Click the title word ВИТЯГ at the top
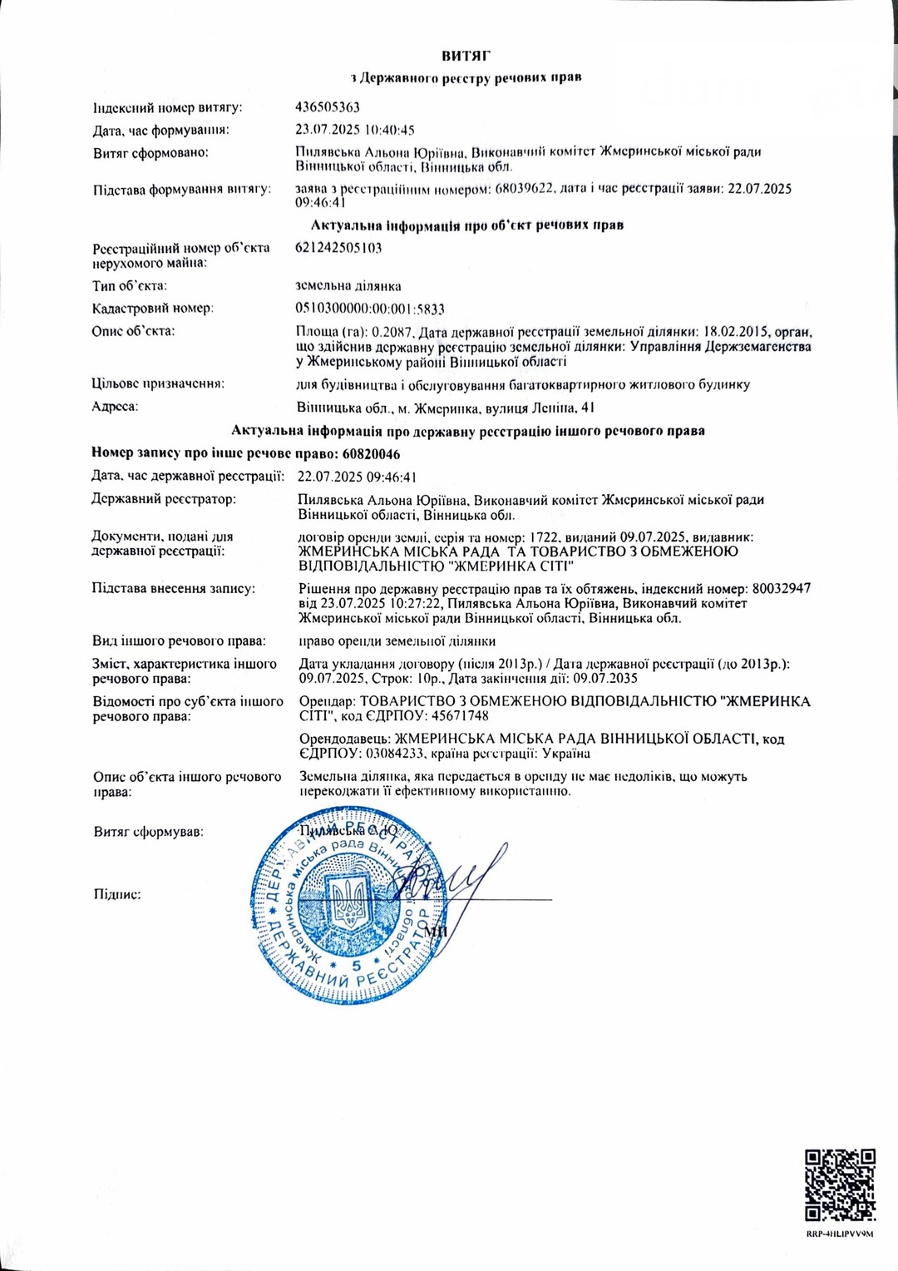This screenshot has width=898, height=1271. pyautogui.click(x=466, y=56)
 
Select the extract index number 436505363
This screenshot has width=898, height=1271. pyautogui.click(x=328, y=107)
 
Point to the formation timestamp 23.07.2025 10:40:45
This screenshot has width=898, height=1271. pyautogui.click(x=355, y=130)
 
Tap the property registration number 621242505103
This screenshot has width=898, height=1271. pyautogui.click(x=338, y=248)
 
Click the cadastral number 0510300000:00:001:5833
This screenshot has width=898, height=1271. pyautogui.click(x=370, y=309)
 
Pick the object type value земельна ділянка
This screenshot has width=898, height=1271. pyautogui.click(x=348, y=286)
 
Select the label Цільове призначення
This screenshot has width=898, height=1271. pyautogui.click(x=158, y=383)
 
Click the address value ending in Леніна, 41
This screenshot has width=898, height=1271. pyautogui.click(x=446, y=408)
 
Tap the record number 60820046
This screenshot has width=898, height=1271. pyautogui.click(x=371, y=454)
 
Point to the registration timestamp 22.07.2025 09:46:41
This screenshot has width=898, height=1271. pyautogui.click(x=357, y=477)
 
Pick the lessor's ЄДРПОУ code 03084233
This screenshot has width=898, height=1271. pyautogui.click(x=392, y=754)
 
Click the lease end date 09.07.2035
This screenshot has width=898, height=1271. pyautogui.click(x=605, y=678)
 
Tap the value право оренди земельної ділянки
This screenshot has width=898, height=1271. pyautogui.click(x=397, y=641)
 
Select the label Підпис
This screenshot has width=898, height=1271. pyautogui.click(x=117, y=895)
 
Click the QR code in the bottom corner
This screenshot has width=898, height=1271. pyautogui.click(x=840, y=1184)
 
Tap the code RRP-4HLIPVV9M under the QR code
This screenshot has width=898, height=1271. pyautogui.click(x=840, y=1234)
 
